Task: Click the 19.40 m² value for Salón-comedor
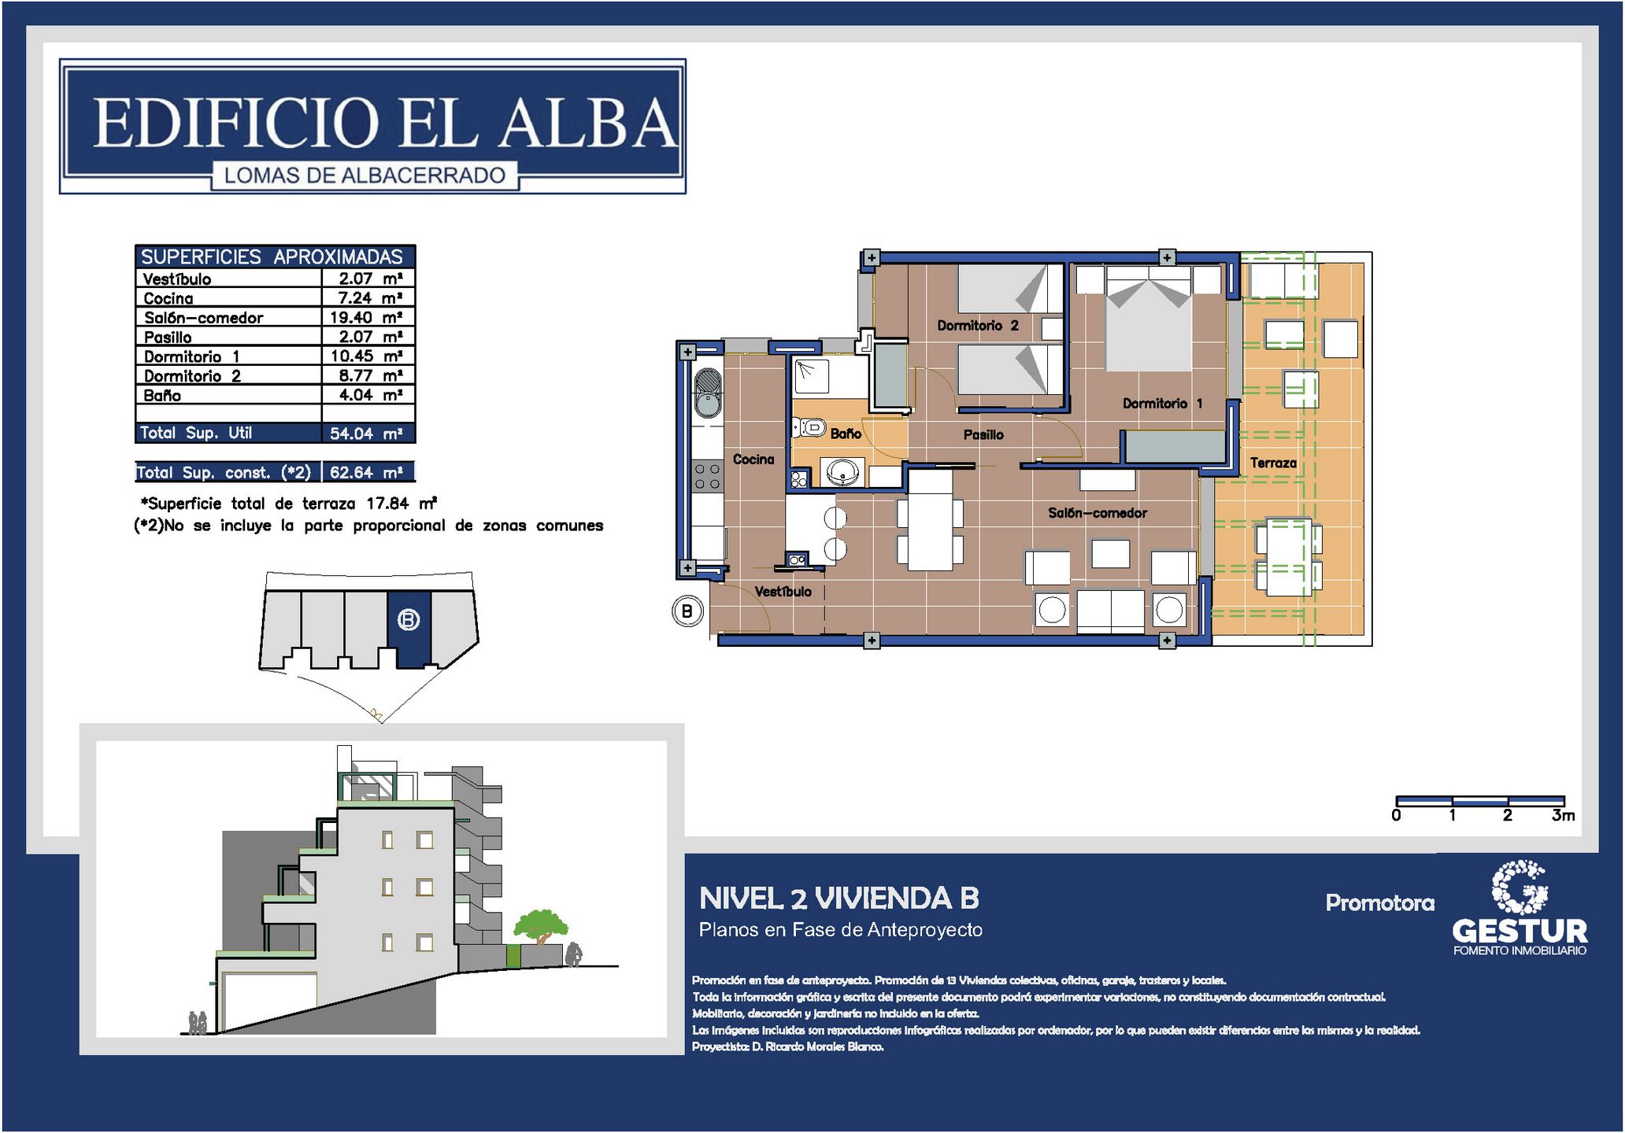(x=366, y=317)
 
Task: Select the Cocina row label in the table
(x=168, y=298)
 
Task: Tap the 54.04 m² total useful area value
(x=366, y=434)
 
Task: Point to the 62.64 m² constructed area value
(x=366, y=472)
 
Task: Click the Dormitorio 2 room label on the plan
(x=978, y=326)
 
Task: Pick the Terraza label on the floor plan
(x=1273, y=463)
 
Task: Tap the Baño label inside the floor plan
(x=846, y=434)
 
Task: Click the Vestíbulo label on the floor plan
(x=783, y=592)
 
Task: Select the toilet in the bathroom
(x=807, y=427)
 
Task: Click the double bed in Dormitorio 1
(x=1149, y=319)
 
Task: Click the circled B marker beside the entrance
(x=687, y=611)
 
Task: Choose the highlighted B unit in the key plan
(x=409, y=629)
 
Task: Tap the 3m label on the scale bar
(x=1563, y=816)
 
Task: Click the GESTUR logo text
(x=1520, y=931)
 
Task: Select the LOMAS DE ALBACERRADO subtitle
(x=365, y=175)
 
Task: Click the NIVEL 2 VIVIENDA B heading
(x=839, y=899)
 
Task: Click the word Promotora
(x=1380, y=902)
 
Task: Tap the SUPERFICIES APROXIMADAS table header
(x=272, y=256)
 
